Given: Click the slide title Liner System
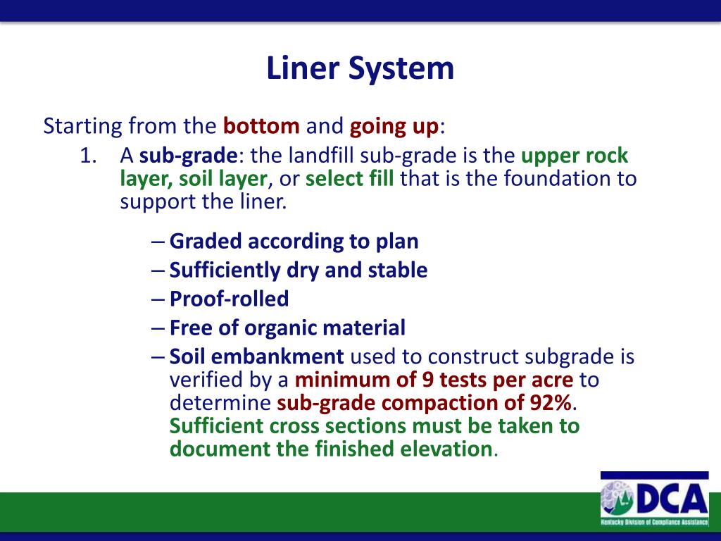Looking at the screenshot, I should [x=360, y=69].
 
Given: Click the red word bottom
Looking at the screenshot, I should [x=261, y=127].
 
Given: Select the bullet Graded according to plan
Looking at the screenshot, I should [x=294, y=242].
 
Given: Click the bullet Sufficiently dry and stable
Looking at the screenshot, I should [x=298, y=270].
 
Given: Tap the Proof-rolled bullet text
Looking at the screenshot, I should [x=229, y=299].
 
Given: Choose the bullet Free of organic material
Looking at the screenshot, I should [x=287, y=328].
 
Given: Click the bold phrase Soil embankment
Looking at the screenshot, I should [x=256, y=356].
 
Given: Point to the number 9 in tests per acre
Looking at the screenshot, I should [x=427, y=380].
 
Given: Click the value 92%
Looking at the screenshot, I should [x=551, y=404].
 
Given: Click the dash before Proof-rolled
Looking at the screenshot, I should [x=158, y=299].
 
